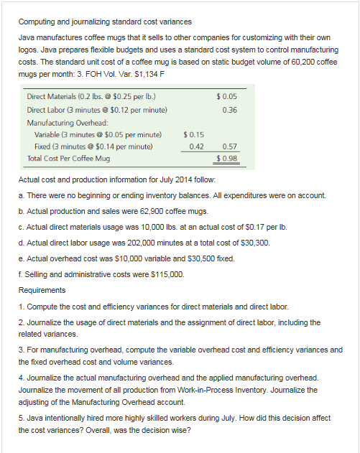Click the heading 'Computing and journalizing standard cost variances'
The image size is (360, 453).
pos(105,22)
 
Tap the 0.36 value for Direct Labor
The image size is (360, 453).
pos(230,110)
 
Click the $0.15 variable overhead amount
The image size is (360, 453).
pos(194,134)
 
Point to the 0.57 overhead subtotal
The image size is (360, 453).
pos(230,146)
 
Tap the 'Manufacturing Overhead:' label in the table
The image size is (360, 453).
pos(66,123)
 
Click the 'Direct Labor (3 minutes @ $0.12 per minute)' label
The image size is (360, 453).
pos(97,110)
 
